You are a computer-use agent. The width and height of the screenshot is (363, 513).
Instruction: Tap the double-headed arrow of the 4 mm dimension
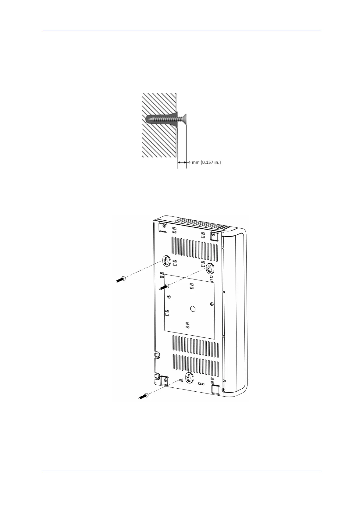[182, 162]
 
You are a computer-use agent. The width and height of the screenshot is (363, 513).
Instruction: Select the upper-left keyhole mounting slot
[166, 260]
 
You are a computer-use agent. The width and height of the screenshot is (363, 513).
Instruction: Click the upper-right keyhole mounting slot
[210, 268]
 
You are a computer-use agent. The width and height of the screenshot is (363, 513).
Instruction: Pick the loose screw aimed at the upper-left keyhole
[120, 279]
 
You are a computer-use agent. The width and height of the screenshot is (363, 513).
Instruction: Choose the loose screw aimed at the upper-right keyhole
[165, 287]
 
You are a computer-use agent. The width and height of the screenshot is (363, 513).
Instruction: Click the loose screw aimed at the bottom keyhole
[143, 397]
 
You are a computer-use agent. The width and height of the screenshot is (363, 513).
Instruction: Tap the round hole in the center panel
[193, 308]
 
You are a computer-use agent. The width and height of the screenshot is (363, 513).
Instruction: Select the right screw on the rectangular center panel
[212, 304]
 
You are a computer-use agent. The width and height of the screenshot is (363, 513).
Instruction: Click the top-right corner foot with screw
[215, 234]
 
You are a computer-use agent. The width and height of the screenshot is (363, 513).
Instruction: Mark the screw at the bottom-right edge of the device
[223, 390]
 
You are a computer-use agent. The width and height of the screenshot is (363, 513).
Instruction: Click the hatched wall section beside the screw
[158, 140]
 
